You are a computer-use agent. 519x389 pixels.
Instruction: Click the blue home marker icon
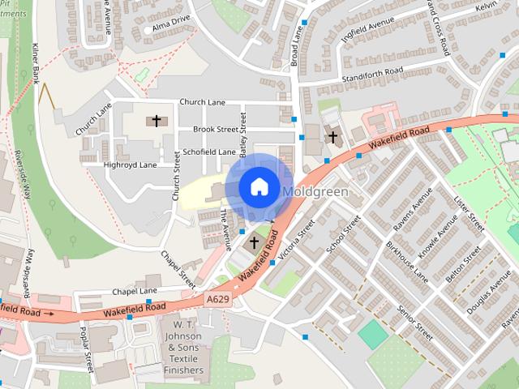(x=259, y=186)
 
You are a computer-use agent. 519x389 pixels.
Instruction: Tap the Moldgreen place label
(x=316, y=192)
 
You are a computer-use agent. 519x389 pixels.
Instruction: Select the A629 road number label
(x=217, y=300)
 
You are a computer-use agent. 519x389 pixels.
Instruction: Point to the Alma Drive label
(x=171, y=24)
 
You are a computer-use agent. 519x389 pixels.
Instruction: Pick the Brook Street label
(x=215, y=129)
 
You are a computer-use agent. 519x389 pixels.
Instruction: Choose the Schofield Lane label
(x=209, y=152)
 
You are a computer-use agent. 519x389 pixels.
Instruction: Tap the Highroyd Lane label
(x=130, y=165)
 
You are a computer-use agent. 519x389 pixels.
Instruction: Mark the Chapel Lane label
(x=135, y=291)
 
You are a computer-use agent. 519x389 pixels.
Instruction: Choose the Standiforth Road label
(x=372, y=72)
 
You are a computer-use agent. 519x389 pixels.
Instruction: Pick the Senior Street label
(x=414, y=323)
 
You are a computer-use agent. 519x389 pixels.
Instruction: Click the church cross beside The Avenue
(x=254, y=242)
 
